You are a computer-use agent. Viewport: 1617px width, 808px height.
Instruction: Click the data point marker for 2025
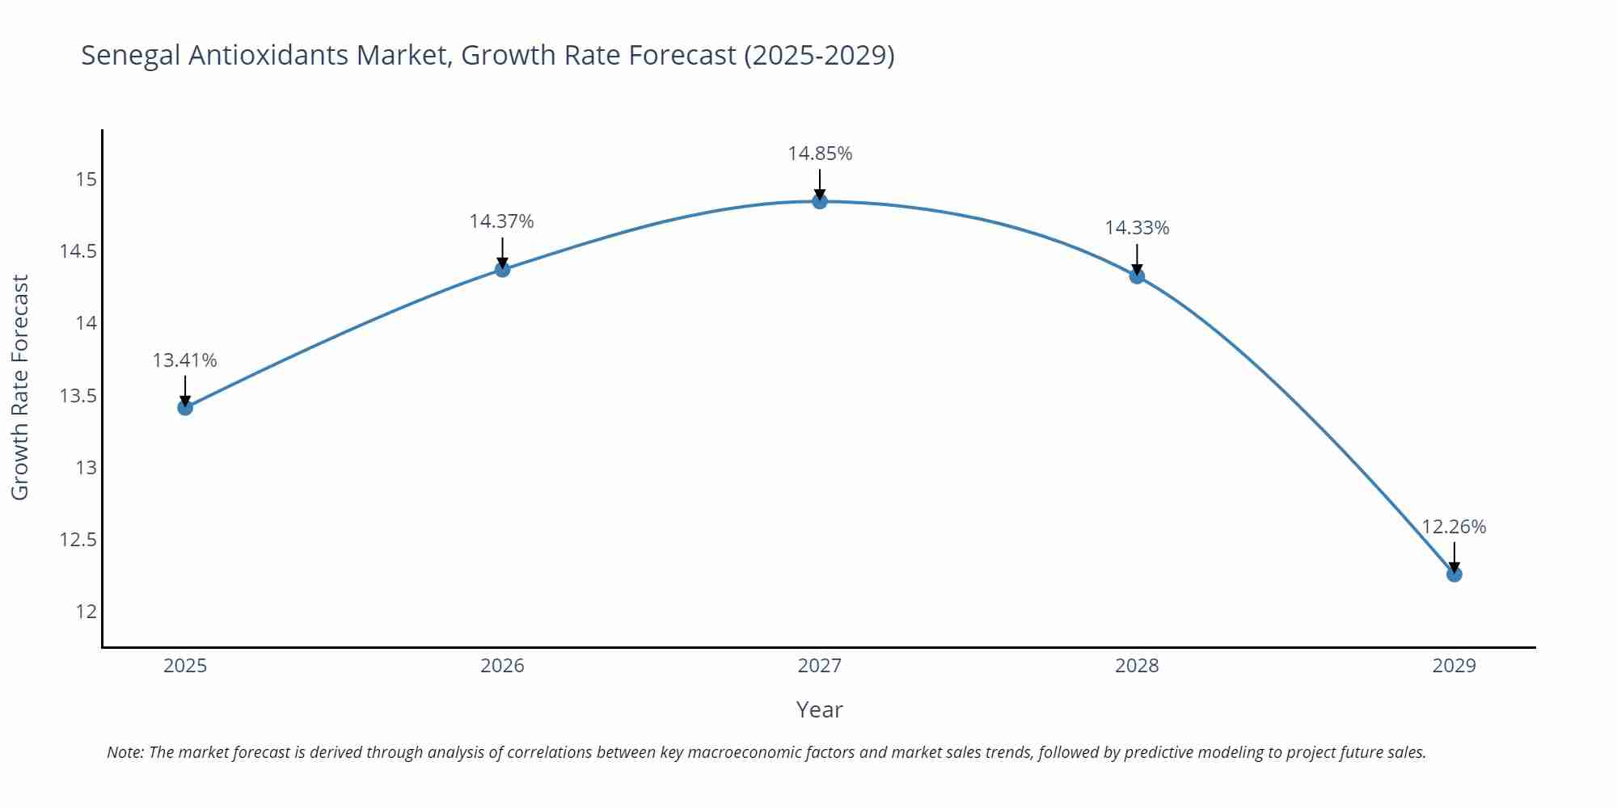pyautogui.click(x=185, y=407)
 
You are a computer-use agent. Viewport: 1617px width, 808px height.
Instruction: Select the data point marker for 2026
pyautogui.click(x=502, y=269)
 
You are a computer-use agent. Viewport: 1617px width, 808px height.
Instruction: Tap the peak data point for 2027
pyautogui.click(x=820, y=201)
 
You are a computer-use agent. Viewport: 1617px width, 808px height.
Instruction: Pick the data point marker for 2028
pyautogui.click(x=1137, y=276)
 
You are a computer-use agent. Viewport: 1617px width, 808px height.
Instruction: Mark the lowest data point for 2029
pyautogui.click(x=1454, y=574)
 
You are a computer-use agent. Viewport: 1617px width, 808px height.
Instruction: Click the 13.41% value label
pyautogui.click(x=184, y=360)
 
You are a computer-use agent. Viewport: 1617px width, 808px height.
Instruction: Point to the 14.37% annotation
pyautogui.click(x=501, y=221)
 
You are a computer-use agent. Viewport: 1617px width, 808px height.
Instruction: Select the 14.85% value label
pyautogui.click(x=820, y=154)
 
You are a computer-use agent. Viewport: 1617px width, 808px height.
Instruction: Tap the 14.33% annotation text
pyautogui.click(x=1137, y=228)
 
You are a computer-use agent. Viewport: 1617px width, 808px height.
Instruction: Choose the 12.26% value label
pyautogui.click(x=1454, y=527)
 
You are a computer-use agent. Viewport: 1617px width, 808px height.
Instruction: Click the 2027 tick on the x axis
pyautogui.click(x=820, y=666)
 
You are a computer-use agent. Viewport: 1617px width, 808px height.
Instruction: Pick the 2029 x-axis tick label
pyautogui.click(x=1454, y=666)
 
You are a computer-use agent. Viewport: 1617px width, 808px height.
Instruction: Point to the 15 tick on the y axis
pyautogui.click(x=86, y=179)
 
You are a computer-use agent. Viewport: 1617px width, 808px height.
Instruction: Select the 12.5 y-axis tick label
pyautogui.click(x=78, y=540)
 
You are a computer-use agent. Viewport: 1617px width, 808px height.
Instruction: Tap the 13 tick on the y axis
pyautogui.click(x=86, y=468)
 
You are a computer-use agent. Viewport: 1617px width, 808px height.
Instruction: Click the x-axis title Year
pyautogui.click(x=819, y=709)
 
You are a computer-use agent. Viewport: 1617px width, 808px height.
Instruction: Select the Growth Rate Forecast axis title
pyautogui.click(x=20, y=387)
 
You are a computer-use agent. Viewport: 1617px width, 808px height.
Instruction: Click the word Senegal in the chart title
pyautogui.click(x=131, y=56)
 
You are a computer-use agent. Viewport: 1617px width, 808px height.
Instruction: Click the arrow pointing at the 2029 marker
pyautogui.click(x=1454, y=557)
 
